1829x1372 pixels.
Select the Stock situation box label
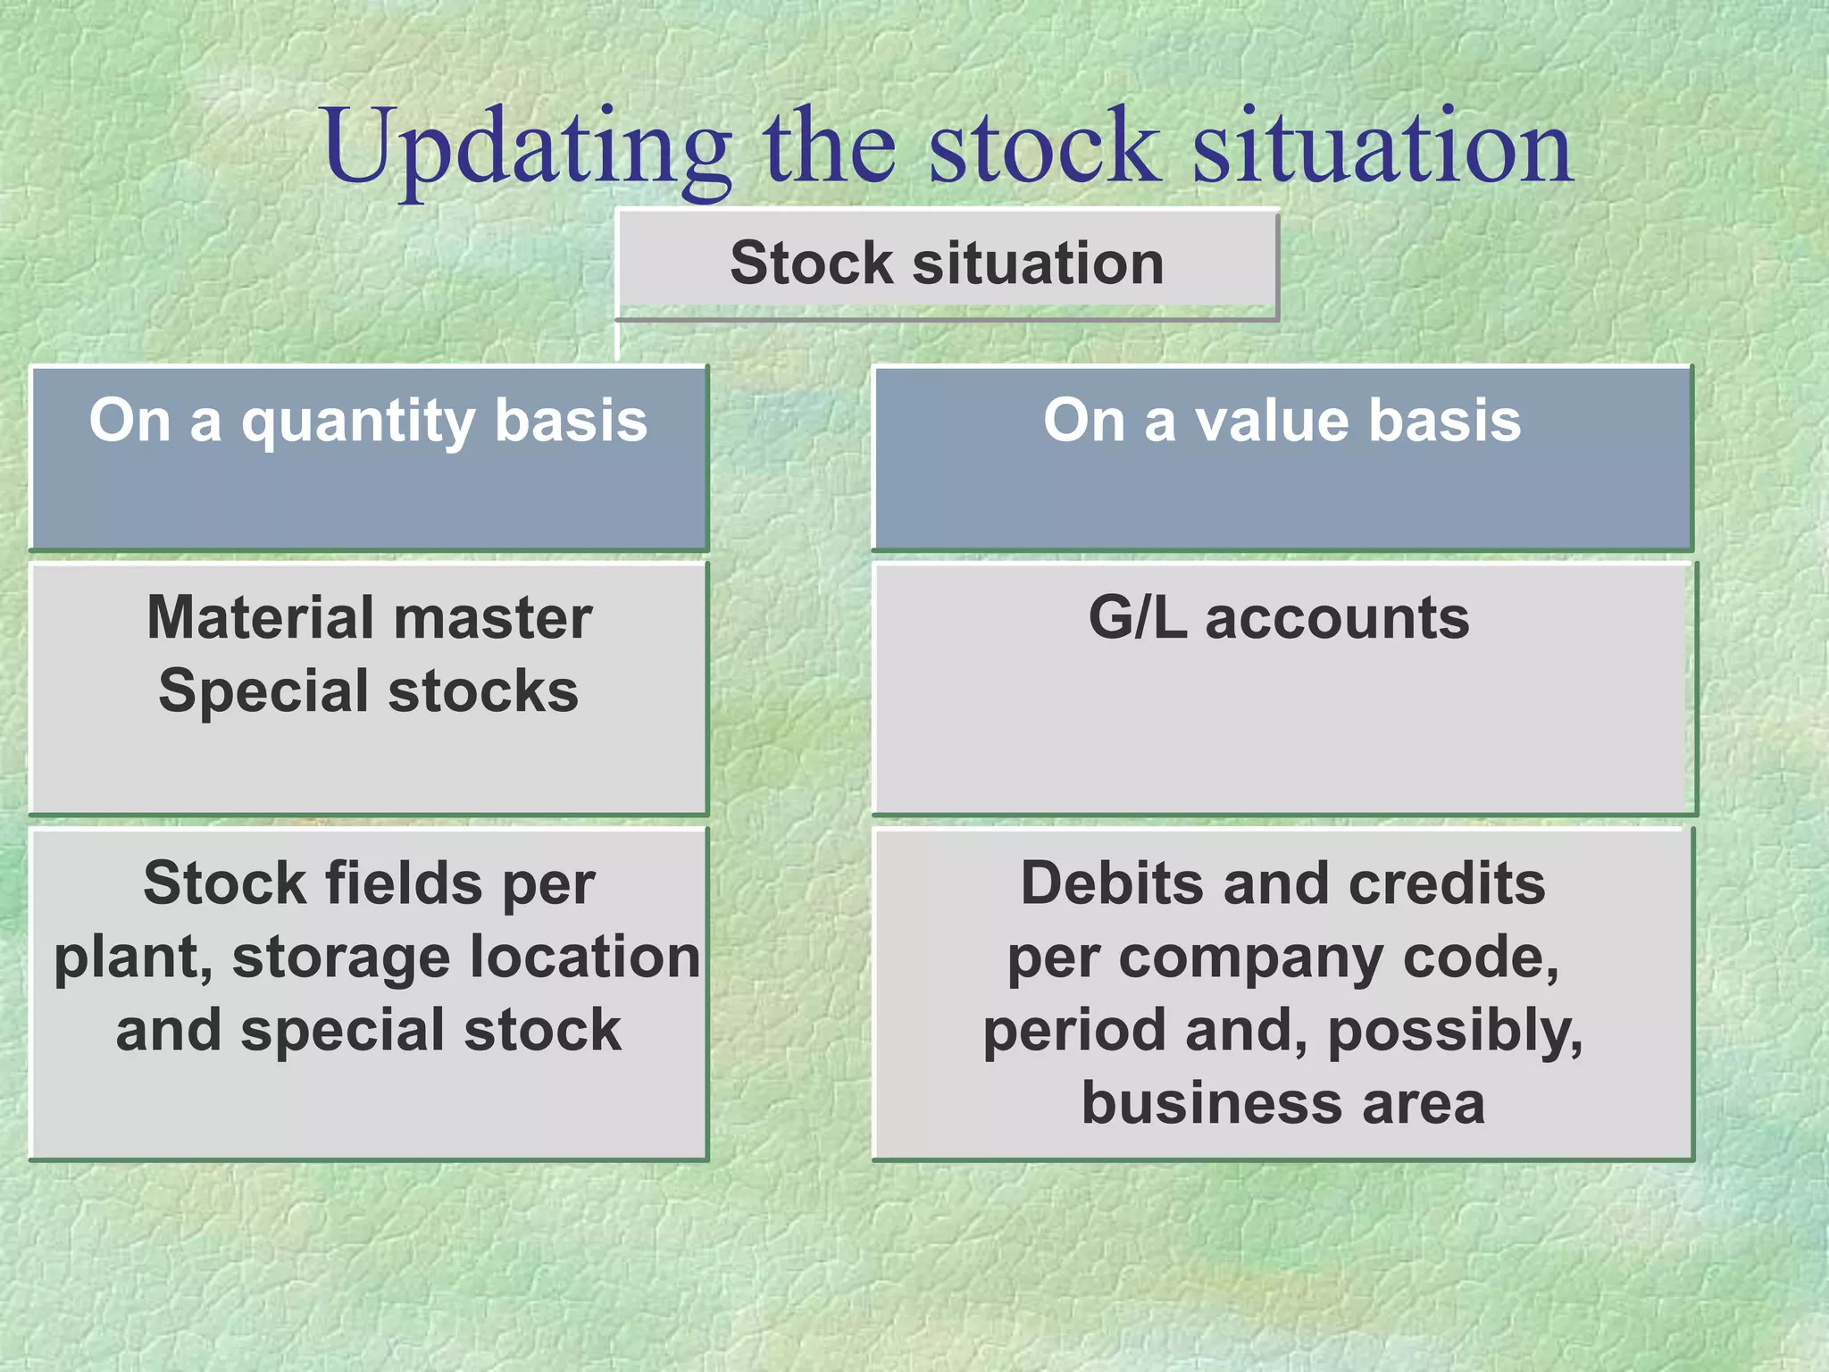(x=947, y=264)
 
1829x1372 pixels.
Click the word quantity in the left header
(x=357, y=422)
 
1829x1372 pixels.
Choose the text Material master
(x=369, y=617)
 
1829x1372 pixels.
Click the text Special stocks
(x=369, y=691)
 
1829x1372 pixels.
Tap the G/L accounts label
(x=1279, y=617)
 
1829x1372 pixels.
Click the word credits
(x=1447, y=883)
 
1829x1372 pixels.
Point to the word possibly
(x=1456, y=1031)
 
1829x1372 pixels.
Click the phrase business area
(x=1283, y=1103)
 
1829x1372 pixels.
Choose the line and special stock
(x=369, y=1031)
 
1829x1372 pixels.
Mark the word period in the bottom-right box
(x=1077, y=1031)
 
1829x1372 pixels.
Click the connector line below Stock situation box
(x=618, y=342)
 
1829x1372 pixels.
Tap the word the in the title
(x=829, y=147)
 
